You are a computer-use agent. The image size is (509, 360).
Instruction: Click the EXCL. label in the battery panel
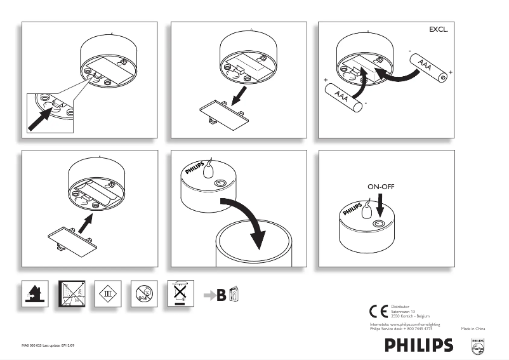click(439, 29)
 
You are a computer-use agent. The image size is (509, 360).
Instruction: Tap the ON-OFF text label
click(381, 187)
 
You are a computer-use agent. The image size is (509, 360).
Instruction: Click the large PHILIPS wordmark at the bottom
click(419, 345)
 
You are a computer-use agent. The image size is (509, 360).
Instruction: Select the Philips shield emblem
click(478, 345)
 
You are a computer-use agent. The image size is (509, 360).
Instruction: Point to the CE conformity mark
click(379, 311)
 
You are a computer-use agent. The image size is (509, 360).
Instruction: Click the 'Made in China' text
click(473, 328)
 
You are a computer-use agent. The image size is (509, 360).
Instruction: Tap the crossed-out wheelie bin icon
click(180, 293)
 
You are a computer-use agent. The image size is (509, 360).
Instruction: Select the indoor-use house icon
click(34, 293)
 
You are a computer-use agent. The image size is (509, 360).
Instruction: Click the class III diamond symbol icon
click(107, 293)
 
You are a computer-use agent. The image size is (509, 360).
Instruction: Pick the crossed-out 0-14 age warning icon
click(143, 293)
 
